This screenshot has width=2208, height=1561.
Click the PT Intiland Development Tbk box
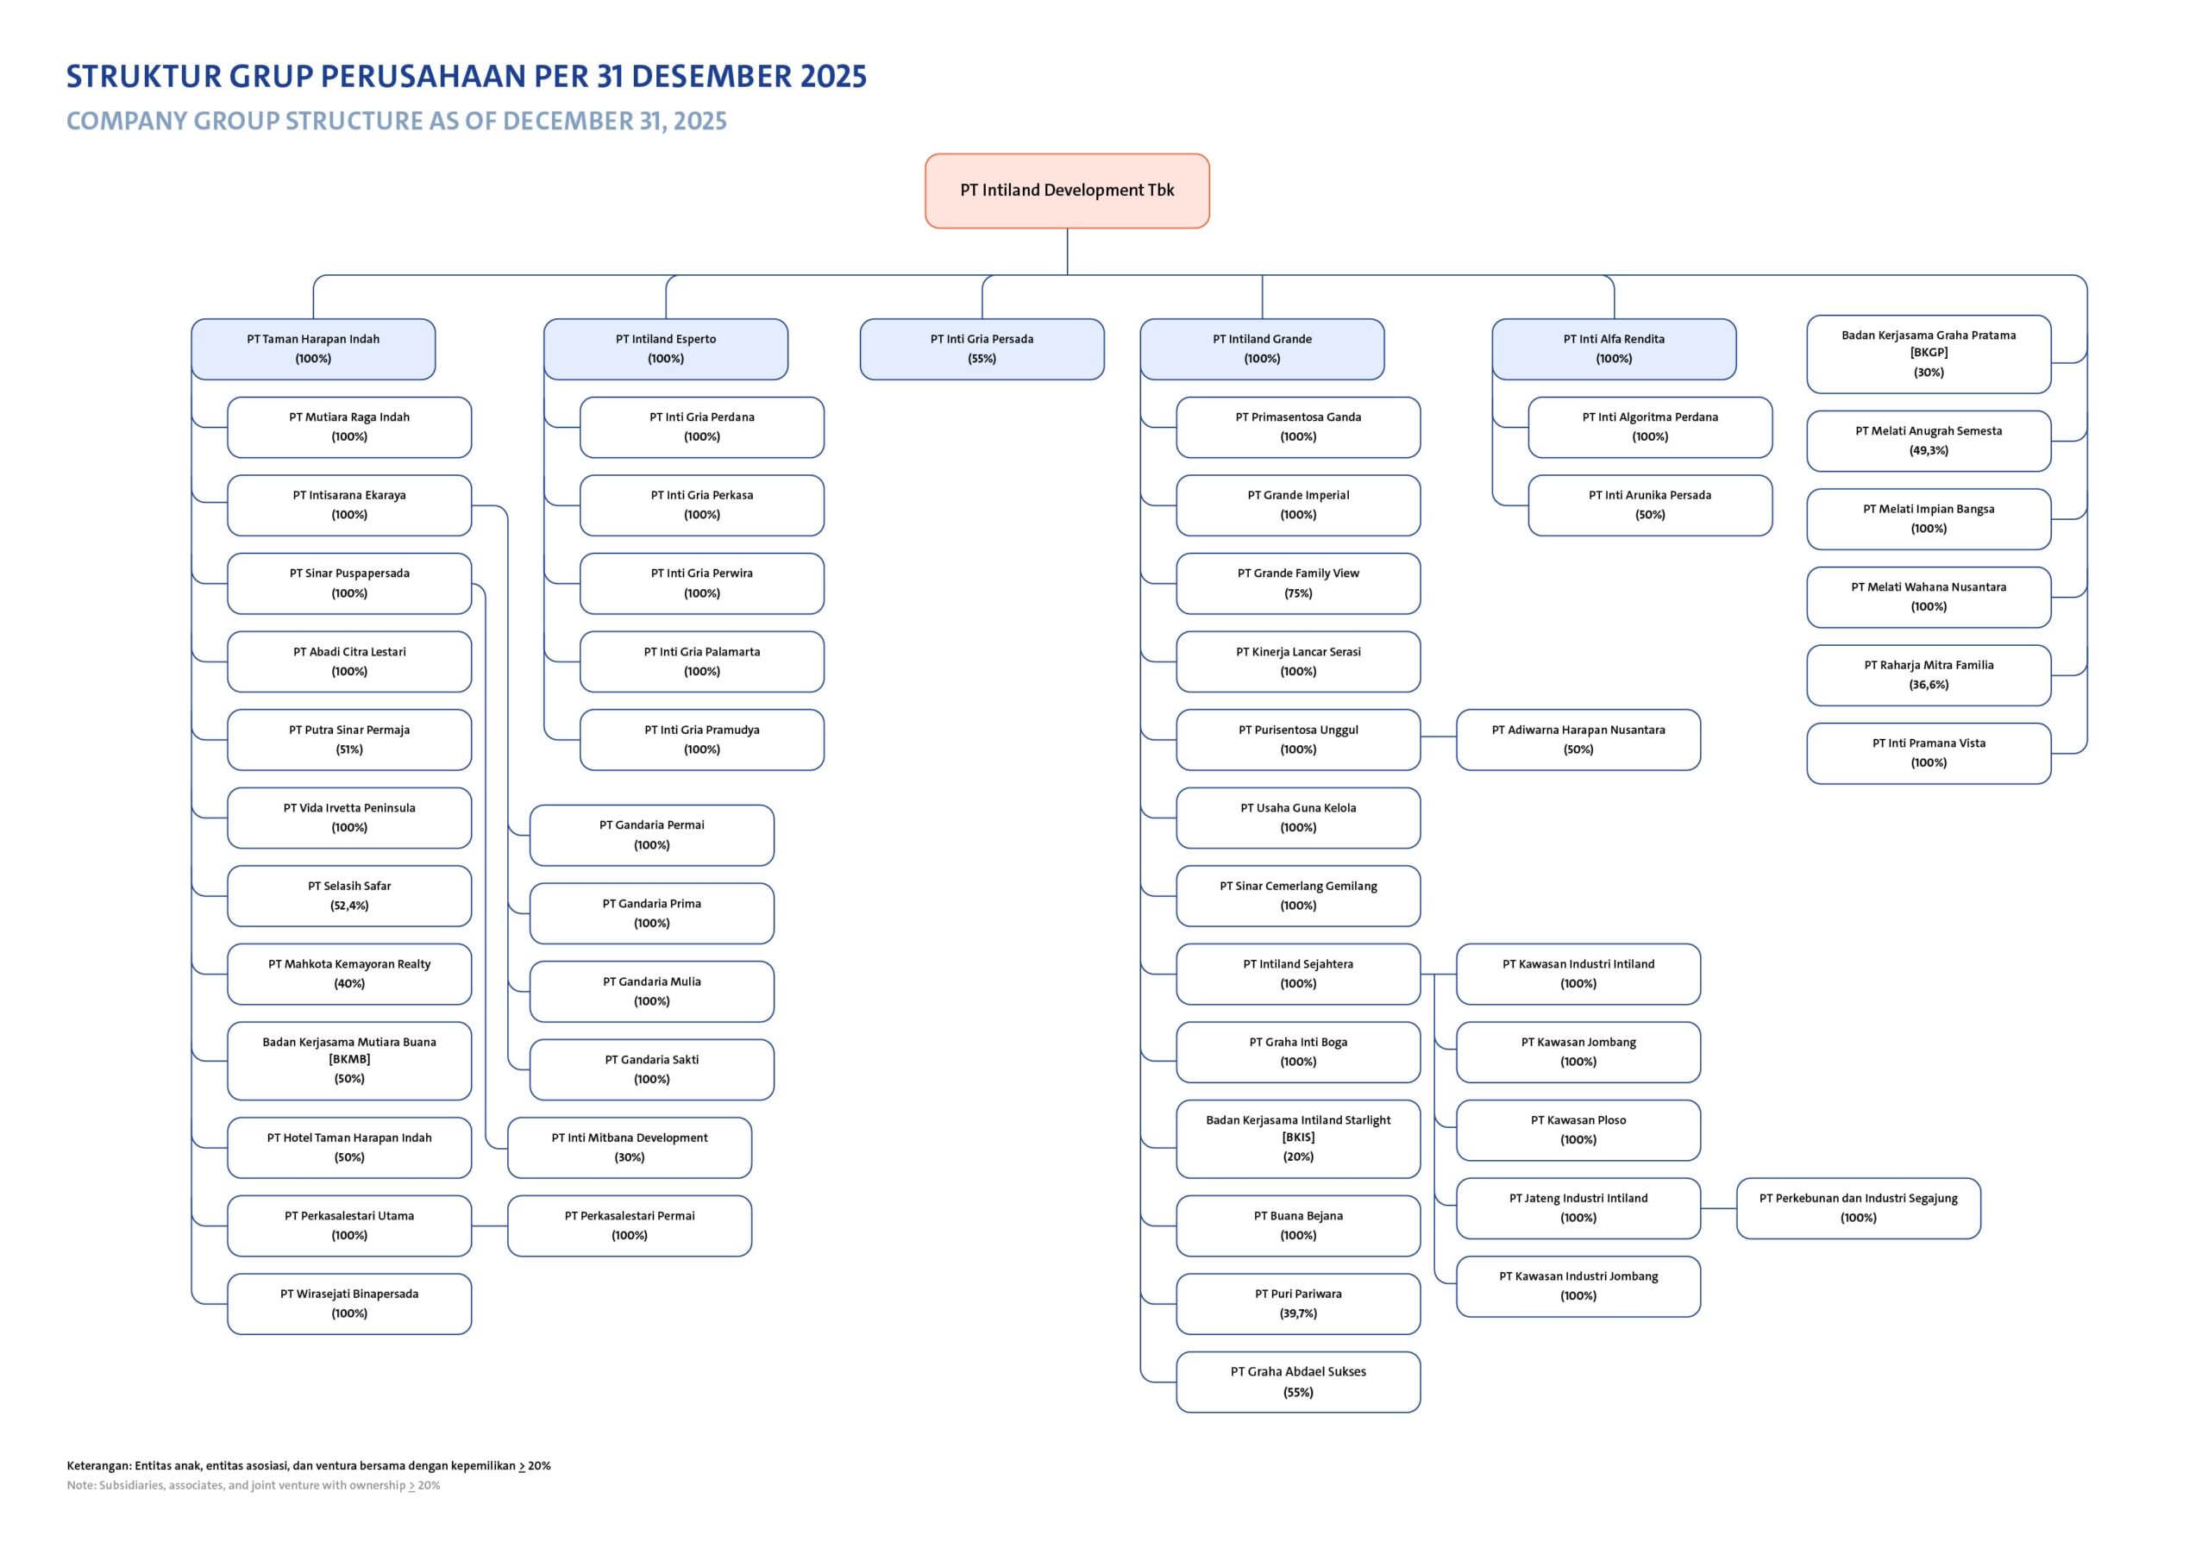tap(1067, 191)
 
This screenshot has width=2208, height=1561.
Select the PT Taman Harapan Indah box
tap(313, 349)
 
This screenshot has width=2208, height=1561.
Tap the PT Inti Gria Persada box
tap(982, 349)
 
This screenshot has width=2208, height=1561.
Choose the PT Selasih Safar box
tap(349, 895)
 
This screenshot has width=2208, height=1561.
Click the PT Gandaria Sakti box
tap(652, 1069)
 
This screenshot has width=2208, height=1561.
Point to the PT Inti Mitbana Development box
tap(630, 1147)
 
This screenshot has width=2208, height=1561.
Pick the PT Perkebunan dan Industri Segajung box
tap(1858, 1208)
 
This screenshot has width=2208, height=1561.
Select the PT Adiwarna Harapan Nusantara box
tap(1578, 740)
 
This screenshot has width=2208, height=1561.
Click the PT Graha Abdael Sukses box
tap(1298, 1382)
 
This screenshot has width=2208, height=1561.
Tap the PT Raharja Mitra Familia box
tap(1929, 675)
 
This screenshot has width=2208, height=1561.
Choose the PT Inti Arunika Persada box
tap(1650, 505)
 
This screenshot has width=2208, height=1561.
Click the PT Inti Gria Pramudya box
tap(702, 740)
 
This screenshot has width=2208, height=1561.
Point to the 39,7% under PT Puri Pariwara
tap(1298, 1313)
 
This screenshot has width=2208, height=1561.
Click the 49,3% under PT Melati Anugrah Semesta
tap(1929, 450)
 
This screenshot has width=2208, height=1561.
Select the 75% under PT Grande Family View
tap(1298, 593)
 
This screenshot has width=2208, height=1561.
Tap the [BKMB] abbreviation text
tap(349, 1059)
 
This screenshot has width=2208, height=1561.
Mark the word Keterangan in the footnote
tap(98, 1466)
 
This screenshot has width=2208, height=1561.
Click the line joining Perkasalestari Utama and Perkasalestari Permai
tap(490, 1226)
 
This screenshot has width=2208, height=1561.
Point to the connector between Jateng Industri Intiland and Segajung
tap(1718, 1208)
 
